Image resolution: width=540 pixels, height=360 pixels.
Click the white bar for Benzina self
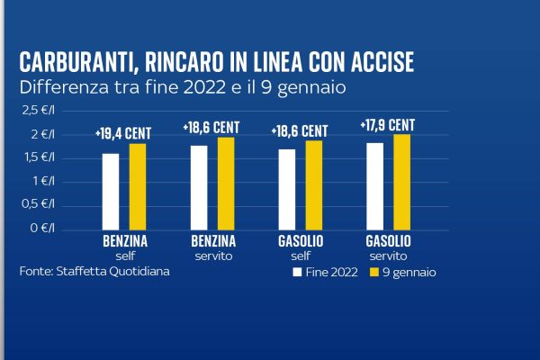coord(111,191)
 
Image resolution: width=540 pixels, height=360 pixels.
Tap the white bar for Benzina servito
coord(199,187)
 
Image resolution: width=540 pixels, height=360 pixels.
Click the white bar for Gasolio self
coord(287,189)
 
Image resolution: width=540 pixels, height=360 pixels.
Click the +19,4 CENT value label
coord(123,133)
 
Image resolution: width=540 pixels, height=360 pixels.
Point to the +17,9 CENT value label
coord(388,125)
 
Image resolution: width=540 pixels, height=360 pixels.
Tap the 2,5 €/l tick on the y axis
coord(37,111)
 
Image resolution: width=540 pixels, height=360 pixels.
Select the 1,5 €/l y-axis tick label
coord(37,157)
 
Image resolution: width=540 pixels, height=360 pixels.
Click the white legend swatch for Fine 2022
coord(296,271)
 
